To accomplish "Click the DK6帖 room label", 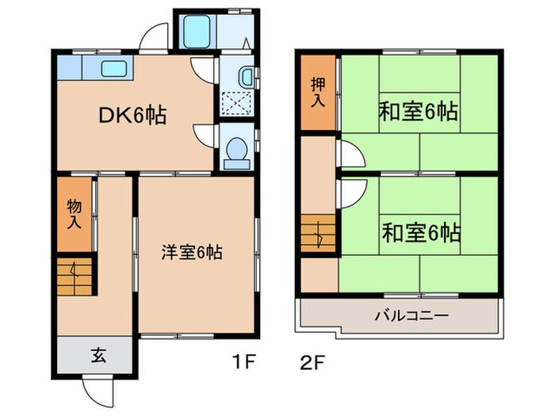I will click(132, 116).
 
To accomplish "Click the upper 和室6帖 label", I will click(419, 112).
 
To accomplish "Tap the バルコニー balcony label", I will click(411, 315).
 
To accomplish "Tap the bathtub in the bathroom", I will click(194, 31).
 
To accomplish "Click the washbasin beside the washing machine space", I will click(245, 77).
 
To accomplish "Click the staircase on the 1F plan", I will click(74, 275).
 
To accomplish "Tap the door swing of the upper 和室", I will click(349, 151).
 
